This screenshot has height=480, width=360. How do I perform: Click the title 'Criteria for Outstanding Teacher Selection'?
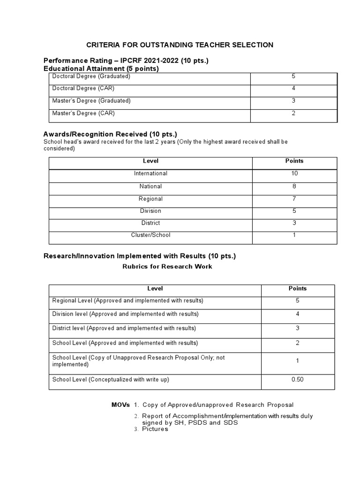point(180,45)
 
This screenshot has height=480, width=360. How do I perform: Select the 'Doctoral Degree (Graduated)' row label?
point(91,76)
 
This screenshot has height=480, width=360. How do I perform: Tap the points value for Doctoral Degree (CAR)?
point(293,88)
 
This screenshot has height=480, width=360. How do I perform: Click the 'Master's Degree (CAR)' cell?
point(83,113)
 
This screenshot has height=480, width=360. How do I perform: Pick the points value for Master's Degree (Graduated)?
point(293,101)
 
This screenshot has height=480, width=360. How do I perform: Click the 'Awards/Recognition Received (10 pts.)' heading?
point(110,134)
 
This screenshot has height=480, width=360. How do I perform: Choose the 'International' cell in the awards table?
point(150,173)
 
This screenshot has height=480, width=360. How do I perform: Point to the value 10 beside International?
point(294,173)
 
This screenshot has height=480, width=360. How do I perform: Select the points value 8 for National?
point(294,186)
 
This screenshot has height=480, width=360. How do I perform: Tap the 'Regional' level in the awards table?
point(150,199)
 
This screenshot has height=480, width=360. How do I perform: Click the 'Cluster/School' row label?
point(150,235)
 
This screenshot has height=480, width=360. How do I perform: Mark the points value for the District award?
point(294,223)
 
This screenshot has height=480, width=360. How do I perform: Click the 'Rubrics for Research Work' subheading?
point(167,267)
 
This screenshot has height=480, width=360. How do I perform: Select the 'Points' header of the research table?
point(298,289)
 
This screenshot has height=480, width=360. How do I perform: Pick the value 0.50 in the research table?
point(298,380)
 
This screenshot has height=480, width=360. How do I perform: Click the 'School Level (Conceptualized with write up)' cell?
point(111,380)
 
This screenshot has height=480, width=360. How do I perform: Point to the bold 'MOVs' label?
point(120,405)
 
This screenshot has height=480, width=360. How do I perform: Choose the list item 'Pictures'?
point(155,429)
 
